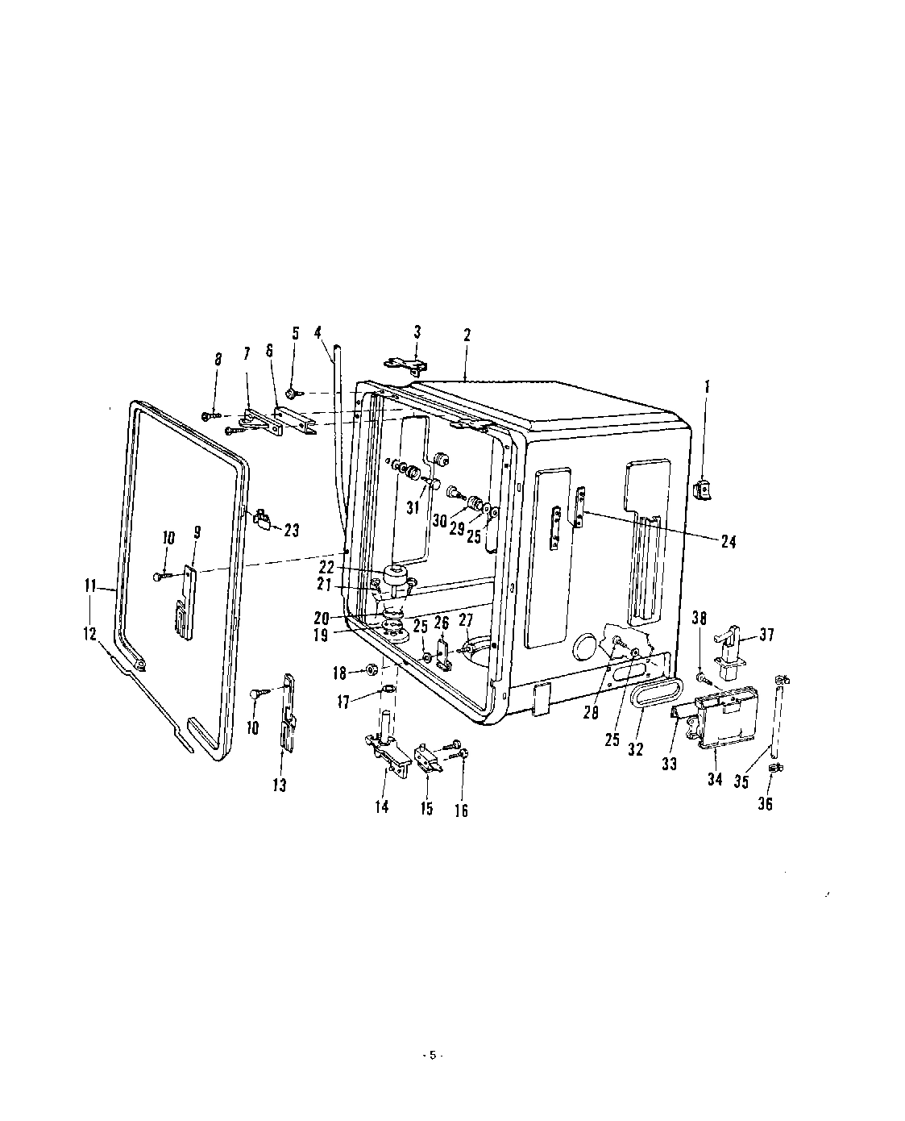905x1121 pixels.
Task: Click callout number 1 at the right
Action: coord(708,388)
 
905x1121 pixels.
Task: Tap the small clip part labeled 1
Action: coord(702,489)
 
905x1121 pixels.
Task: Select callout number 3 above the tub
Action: coord(417,331)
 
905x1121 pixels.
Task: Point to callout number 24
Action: coord(728,543)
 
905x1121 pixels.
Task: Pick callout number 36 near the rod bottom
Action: coord(765,803)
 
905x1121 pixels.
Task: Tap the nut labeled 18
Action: coord(373,669)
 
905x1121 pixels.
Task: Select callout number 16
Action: coord(462,811)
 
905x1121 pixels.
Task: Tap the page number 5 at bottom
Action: coord(432,1056)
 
